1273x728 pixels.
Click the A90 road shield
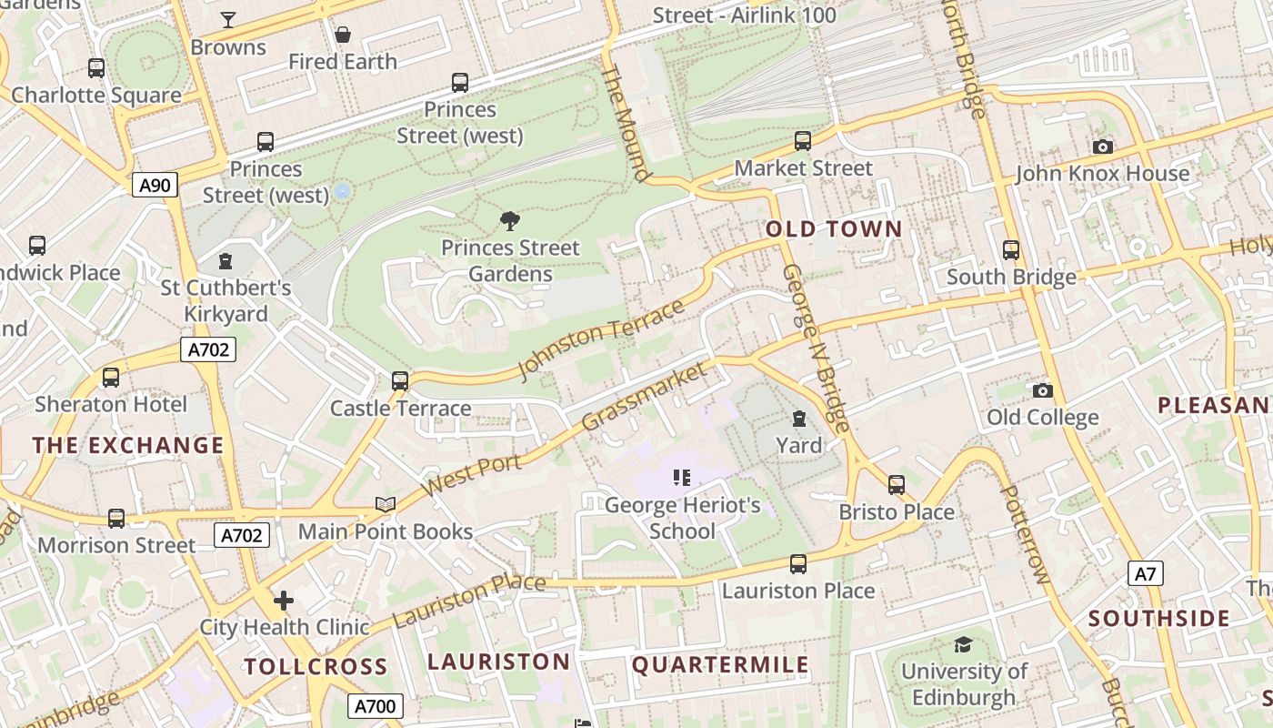point(155,186)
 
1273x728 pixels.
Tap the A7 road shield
point(1146,573)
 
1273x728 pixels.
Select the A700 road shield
point(375,705)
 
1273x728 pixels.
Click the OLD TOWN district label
point(834,229)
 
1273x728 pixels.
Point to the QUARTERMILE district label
point(720,665)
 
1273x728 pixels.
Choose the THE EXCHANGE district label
point(128,445)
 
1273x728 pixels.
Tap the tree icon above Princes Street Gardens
point(510,219)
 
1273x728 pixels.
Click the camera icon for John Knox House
point(1102,147)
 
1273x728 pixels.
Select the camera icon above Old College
point(1042,390)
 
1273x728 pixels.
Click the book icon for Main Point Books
point(386,504)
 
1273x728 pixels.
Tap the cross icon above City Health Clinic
point(284,601)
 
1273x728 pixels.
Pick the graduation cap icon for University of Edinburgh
point(963,645)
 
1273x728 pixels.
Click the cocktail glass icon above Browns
point(228,19)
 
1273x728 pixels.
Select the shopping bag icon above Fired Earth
point(343,35)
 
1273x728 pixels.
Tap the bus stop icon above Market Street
point(803,140)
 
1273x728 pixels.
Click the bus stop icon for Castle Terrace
point(400,380)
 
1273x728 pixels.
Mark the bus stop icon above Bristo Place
point(897,484)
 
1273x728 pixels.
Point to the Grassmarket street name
point(643,397)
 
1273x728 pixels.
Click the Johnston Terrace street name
point(600,339)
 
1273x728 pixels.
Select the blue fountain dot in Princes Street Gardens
point(343,191)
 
